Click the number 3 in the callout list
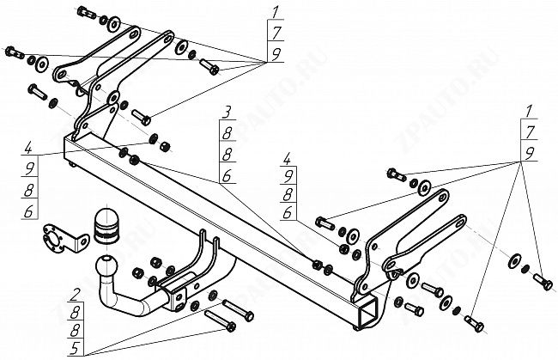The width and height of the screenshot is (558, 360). (227, 113)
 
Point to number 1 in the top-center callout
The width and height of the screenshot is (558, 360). (276, 11)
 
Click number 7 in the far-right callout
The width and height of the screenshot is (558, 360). (529, 131)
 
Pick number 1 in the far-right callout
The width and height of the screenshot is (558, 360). (529, 110)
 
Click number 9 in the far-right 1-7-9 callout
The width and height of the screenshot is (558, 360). (529, 151)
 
